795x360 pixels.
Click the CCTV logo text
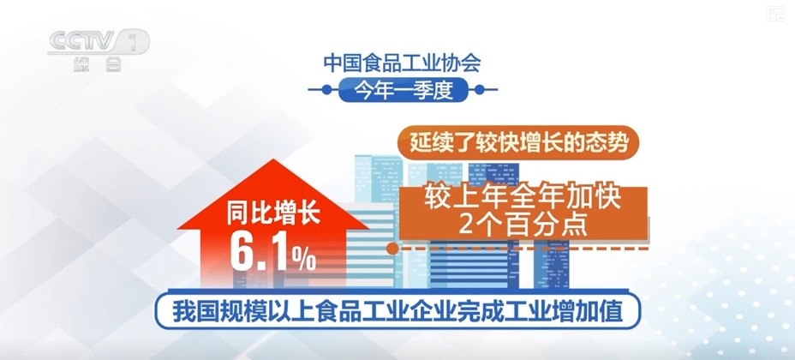point(81,41)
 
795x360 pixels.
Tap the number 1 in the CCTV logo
point(134,41)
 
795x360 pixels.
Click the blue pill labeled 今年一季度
point(403,88)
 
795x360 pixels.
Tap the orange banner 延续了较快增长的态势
point(518,142)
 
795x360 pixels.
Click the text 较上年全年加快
point(522,198)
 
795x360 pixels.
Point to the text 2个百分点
point(522,225)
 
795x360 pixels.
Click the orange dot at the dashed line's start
point(392,249)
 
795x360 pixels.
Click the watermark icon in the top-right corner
point(775,13)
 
